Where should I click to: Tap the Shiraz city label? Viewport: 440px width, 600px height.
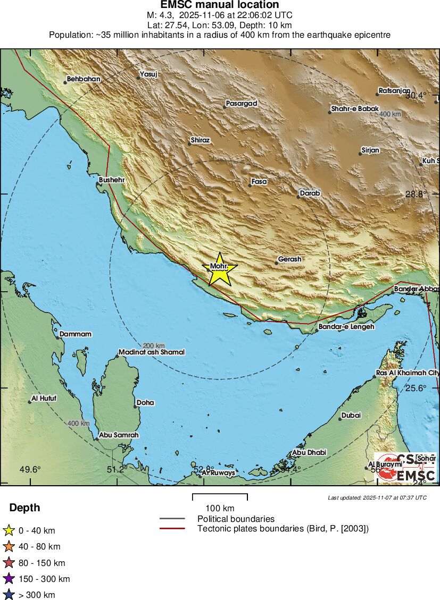tap(200, 140)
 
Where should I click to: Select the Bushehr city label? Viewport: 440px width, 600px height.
tap(112, 180)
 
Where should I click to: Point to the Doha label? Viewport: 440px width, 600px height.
tap(145, 402)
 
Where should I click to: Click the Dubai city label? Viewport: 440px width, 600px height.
tap(351, 415)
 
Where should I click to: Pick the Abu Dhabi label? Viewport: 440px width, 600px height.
tap(309, 452)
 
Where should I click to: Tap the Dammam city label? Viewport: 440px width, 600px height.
tap(76, 334)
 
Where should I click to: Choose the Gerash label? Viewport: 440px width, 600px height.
tap(290, 259)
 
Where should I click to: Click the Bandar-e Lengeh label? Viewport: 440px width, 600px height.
tap(346, 326)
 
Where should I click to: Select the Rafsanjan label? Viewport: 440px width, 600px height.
tap(395, 90)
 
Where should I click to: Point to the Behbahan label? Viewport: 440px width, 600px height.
tap(84, 79)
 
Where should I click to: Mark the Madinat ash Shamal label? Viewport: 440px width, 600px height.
tap(152, 352)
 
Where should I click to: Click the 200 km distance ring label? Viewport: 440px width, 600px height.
tap(154, 345)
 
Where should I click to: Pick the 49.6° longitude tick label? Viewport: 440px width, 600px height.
tap(30, 469)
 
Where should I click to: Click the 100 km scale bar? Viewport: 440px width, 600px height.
tap(220, 497)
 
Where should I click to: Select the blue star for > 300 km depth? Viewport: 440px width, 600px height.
tap(9, 595)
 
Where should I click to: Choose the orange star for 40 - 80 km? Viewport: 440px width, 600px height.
tap(9, 546)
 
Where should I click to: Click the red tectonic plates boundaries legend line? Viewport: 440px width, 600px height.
tap(172, 528)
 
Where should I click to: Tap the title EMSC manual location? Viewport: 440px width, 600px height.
tap(220, 5)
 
